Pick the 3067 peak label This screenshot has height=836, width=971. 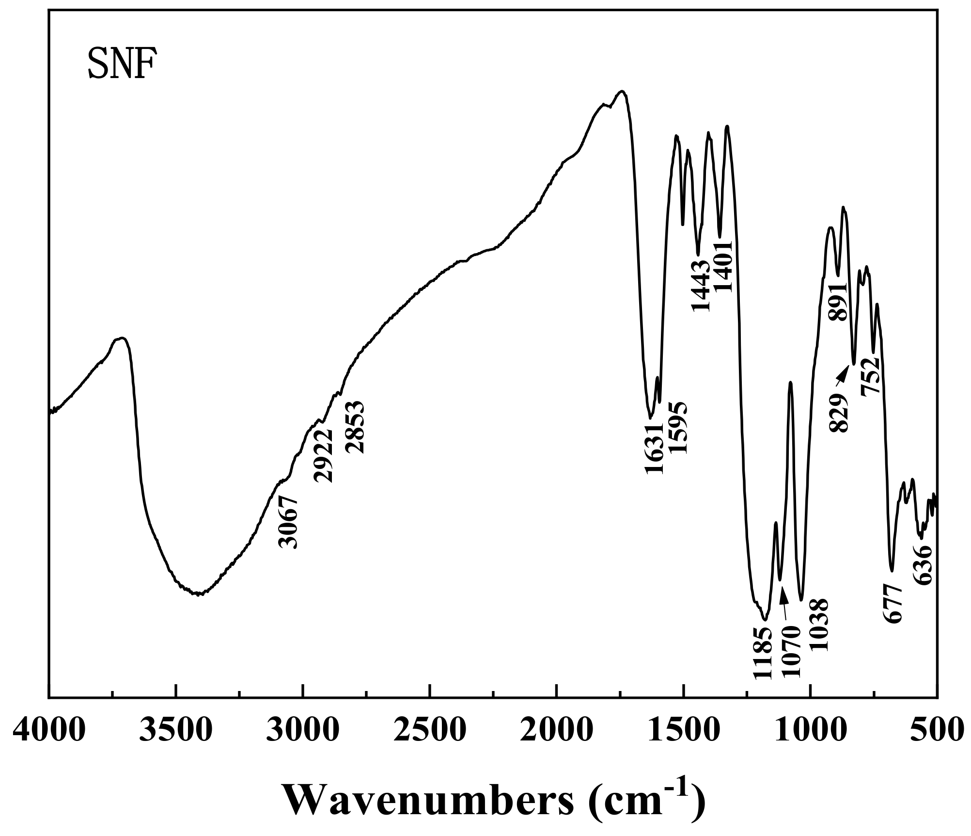pyautogui.click(x=289, y=522)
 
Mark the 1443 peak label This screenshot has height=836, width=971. pyautogui.click(x=701, y=286)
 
